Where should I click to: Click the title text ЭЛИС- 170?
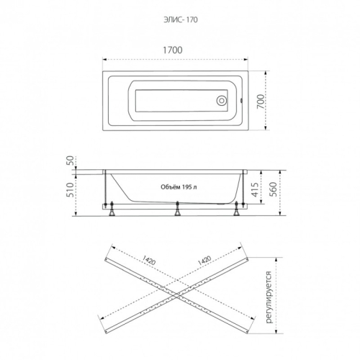point(181,19)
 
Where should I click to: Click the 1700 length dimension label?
point(173,50)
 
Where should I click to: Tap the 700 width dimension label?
point(261,102)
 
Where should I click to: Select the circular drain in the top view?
point(221,101)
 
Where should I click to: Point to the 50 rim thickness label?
point(70,161)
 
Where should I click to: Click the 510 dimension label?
point(70,189)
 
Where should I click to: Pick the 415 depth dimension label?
point(255,189)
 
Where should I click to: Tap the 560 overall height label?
point(274,189)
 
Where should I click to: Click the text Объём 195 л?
point(179,187)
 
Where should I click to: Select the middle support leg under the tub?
point(177,209)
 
